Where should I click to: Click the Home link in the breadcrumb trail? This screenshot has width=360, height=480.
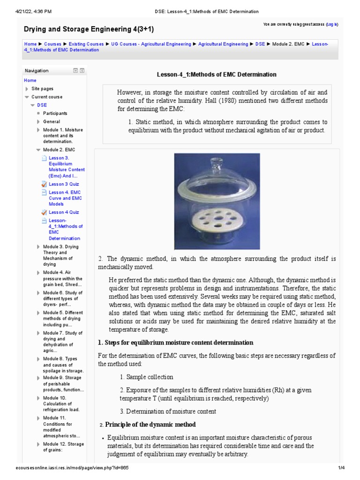tap(30, 44)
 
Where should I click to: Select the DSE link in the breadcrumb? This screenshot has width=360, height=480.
tap(260, 44)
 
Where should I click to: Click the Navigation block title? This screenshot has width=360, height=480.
tap(37, 71)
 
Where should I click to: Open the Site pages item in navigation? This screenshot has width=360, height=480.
tap(42, 89)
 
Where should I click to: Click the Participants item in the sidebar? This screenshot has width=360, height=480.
tap(55, 113)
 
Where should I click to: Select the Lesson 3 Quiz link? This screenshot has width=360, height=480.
tap(64, 184)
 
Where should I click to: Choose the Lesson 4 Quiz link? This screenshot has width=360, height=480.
tap(64, 212)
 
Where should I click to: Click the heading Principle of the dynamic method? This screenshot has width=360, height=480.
tap(150, 425)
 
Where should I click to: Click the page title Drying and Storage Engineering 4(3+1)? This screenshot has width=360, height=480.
tap(89, 30)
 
